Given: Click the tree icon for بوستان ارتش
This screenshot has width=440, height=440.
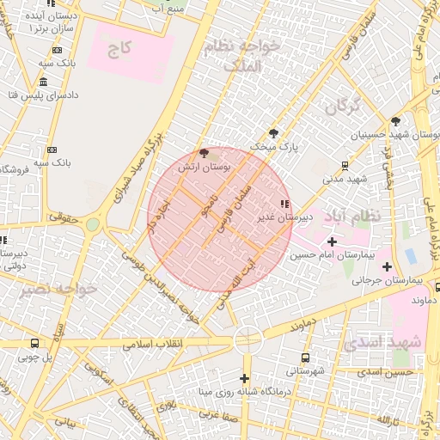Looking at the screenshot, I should click(x=204, y=153).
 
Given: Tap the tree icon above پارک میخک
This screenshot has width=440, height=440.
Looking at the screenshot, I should click(x=273, y=133).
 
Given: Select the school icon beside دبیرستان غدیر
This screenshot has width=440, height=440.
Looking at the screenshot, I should click(x=284, y=204).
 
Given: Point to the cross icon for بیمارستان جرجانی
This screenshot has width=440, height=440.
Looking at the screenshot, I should click(x=388, y=266).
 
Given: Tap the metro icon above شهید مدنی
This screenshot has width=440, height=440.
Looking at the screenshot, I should click(x=345, y=165).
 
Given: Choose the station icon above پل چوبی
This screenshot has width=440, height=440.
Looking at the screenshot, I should click(x=34, y=343).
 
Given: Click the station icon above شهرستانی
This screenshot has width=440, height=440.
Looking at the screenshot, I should click(x=305, y=357).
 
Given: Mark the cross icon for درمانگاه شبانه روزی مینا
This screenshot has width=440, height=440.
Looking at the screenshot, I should click(x=245, y=378).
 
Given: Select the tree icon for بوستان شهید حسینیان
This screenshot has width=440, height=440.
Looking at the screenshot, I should click(x=395, y=121).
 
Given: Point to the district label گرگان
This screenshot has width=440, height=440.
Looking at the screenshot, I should click(x=341, y=106).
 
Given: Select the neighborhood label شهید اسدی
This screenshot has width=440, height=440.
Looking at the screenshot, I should click(x=383, y=342).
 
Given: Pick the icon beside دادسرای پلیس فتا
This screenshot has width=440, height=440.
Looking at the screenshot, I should click(x=43, y=82).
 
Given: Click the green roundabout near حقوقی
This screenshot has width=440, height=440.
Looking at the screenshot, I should click(x=92, y=225).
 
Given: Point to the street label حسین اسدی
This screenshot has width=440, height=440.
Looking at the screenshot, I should click(x=387, y=372).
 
